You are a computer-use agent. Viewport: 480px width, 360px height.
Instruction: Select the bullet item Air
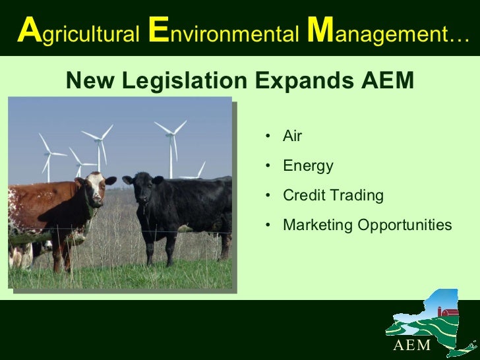click(x=292, y=136)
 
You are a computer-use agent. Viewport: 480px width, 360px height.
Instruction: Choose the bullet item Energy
click(x=308, y=166)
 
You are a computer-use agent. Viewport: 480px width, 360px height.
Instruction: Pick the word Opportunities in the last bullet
click(x=405, y=225)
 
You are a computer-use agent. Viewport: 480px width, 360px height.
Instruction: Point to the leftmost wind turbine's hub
click(x=47, y=153)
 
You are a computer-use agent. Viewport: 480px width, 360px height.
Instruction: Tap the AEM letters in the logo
click(x=412, y=346)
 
